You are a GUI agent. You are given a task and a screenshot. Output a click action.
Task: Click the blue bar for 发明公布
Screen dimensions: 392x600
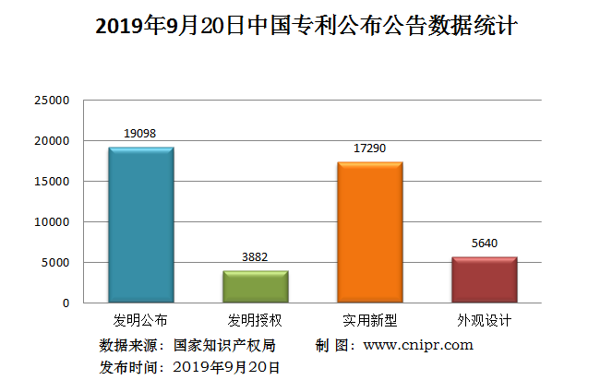[x=140, y=225]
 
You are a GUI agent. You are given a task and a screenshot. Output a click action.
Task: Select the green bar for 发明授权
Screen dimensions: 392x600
[x=256, y=287]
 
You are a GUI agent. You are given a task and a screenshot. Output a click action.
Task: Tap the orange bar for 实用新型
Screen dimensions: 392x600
[x=370, y=232]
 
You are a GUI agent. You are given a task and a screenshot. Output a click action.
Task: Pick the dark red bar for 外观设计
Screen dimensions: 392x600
[x=485, y=279]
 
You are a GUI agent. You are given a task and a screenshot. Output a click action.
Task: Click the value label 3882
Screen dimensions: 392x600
[x=255, y=257]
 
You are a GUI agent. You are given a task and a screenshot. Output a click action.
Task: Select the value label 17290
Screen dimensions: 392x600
[x=370, y=148]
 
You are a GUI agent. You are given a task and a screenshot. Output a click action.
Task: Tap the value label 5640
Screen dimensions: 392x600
[x=485, y=244]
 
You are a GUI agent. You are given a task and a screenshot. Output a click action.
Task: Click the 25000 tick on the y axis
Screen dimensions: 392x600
[x=52, y=101]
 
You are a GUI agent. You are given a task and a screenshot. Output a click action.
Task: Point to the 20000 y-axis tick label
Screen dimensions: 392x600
[x=52, y=141]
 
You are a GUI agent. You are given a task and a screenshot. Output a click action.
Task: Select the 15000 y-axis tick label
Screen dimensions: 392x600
[x=52, y=182]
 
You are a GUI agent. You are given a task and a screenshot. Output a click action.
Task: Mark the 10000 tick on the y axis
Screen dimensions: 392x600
[x=52, y=222]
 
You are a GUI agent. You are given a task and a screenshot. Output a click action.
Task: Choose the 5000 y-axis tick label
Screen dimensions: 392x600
[x=55, y=263]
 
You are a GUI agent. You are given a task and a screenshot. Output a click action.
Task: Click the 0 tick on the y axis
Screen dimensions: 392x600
[x=66, y=303]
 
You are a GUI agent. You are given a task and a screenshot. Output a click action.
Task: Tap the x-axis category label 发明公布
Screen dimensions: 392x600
[x=140, y=322]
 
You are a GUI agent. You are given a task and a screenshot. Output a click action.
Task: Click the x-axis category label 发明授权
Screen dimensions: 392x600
[x=255, y=322]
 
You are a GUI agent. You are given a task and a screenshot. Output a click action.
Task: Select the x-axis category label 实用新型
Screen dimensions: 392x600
[x=370, y=322]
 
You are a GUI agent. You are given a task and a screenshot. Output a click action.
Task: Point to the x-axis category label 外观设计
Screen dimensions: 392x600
[x=485, y=322]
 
